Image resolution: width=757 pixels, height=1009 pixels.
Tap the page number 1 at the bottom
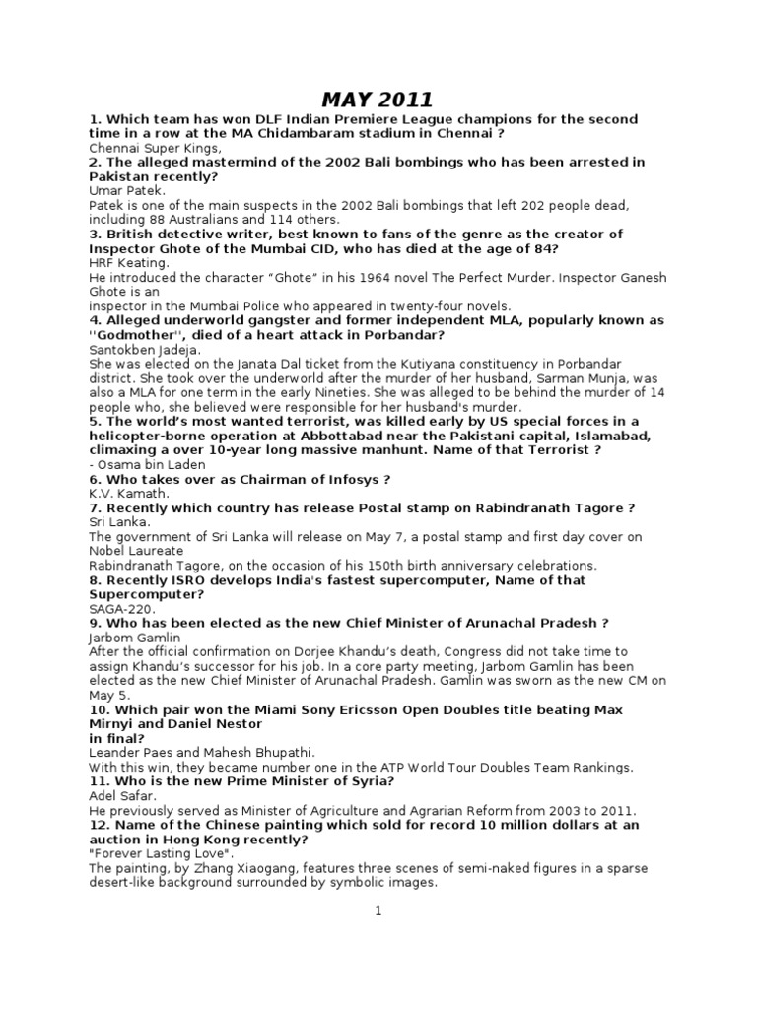[378, 911]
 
